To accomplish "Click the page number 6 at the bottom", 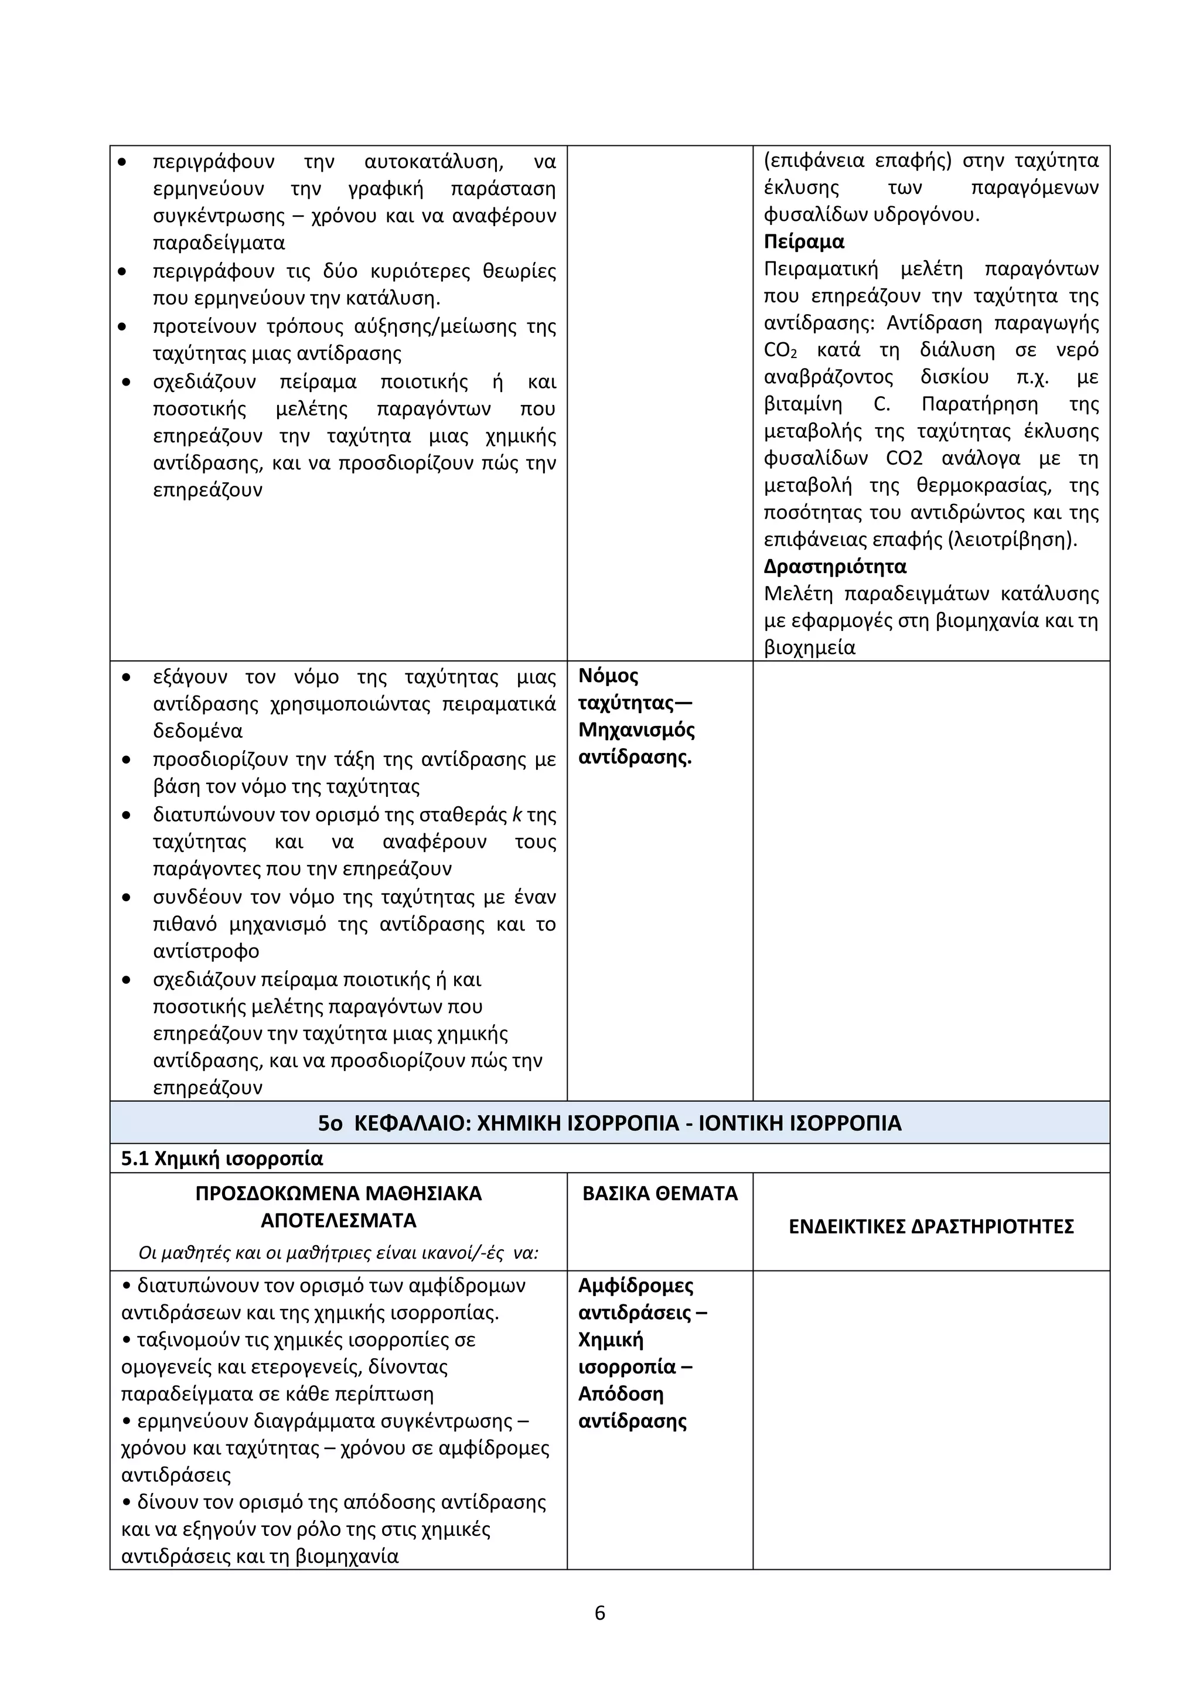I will click(599, 1613).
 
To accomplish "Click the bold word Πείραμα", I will click(804, 241).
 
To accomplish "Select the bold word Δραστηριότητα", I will click(835, 567).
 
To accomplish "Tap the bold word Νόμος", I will click(608, 676).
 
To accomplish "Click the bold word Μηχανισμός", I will click(636, 730).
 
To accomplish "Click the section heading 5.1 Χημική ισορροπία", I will click(221, 1158).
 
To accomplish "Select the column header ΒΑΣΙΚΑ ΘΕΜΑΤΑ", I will click(660, 1194).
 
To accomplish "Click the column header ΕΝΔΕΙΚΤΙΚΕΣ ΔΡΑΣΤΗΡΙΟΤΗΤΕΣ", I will click(931, 1227).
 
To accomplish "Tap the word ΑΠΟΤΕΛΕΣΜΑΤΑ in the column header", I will click(339, 1220).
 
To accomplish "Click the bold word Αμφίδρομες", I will click(636, 1285).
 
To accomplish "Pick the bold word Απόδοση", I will click(621, 1394).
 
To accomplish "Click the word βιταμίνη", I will click(803, 404).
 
